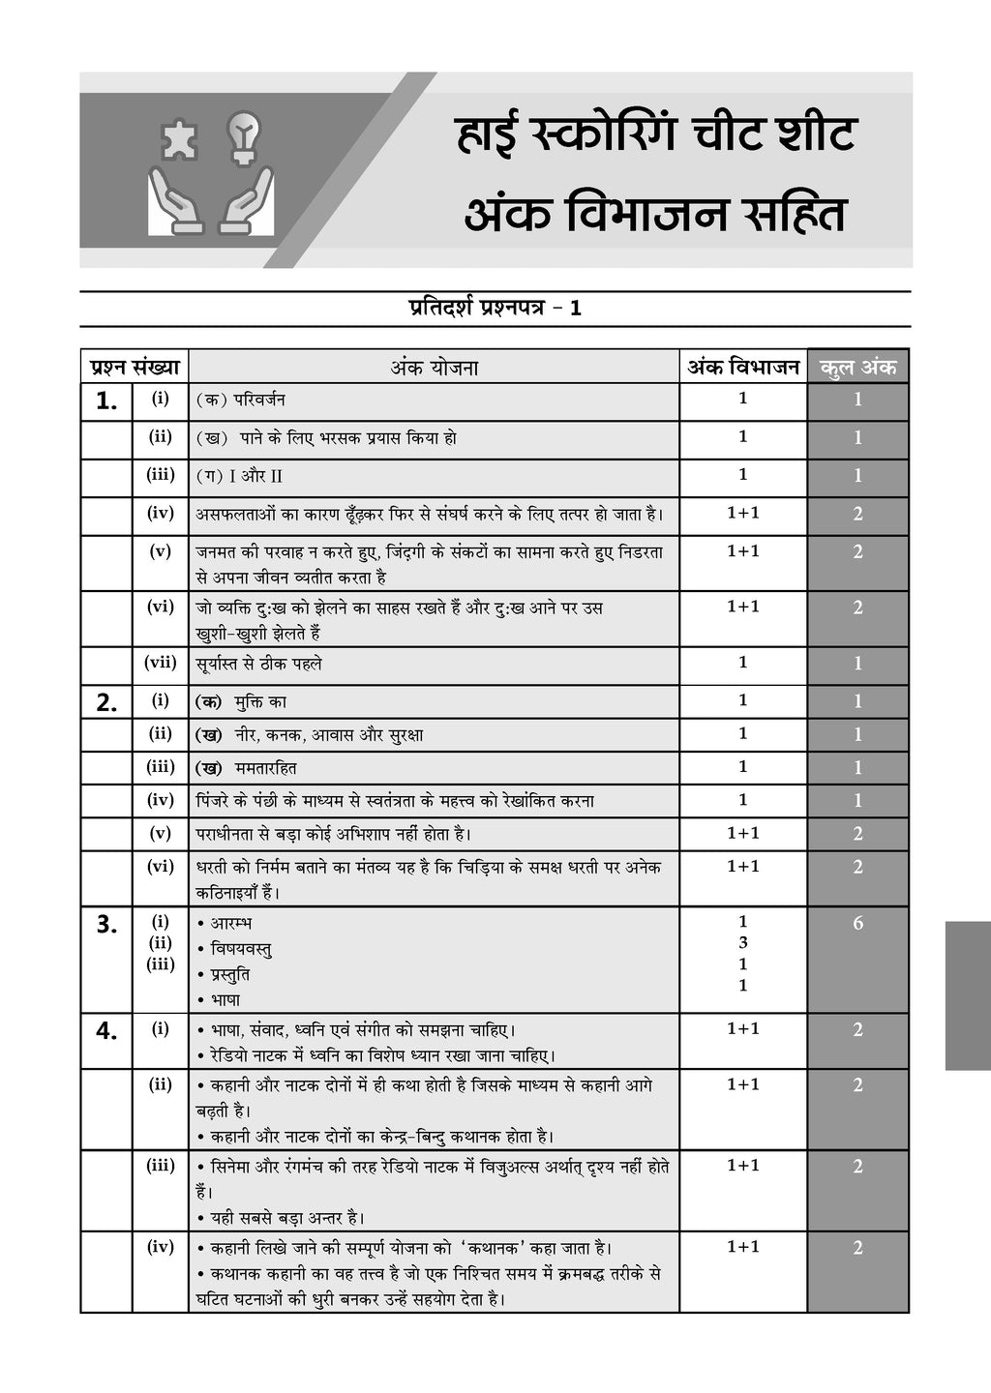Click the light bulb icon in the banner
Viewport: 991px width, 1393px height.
pos(243,137)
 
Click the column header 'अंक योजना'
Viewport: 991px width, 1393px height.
pos(434,368)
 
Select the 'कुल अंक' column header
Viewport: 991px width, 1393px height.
pos(857,368)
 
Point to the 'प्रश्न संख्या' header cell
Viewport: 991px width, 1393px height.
pos(135,368)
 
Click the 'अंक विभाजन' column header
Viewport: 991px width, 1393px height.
pos(743,368)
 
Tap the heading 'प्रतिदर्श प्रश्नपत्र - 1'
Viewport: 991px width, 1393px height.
pos(495,309)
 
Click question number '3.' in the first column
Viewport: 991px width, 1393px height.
pos(106,925)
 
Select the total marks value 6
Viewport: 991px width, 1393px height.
pos(857,923)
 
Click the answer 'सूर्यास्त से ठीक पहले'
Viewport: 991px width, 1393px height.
pos(258,664)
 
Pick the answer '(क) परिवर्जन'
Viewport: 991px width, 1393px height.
pos(240,400)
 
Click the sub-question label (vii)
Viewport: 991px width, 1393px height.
pos(161,663)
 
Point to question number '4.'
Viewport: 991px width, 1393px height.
pos(106,1031)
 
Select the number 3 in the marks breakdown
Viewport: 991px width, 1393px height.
pos(743,942)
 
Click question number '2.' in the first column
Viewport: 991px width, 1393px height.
pos(106,703)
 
